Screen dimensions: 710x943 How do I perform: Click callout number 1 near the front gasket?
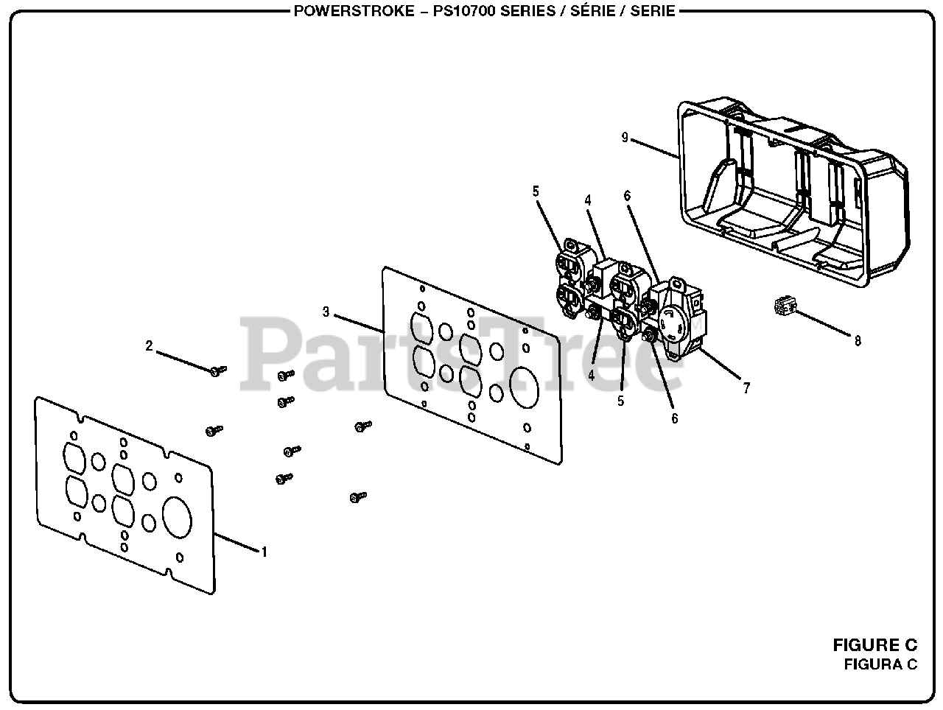click(x=264, y=551)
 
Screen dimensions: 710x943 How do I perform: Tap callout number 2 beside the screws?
click(x=149, y=345)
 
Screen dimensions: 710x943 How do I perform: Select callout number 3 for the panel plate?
click(x=326, y=312)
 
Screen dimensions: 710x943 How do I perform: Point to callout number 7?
click(x=746, y=388)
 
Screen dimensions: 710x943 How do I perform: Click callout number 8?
click(x=858, y=340)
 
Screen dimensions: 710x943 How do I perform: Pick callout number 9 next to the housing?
click(x=625, y=137)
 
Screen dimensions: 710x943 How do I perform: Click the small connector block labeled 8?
click(x=782, y=306)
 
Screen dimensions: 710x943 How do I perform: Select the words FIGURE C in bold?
click(x=874, y=645)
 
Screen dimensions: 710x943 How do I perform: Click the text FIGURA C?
click(x=880, y=664)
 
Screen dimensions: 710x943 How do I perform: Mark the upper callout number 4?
click(x=588, y=200)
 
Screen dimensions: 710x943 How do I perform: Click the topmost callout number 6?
click(x=627, y=195)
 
